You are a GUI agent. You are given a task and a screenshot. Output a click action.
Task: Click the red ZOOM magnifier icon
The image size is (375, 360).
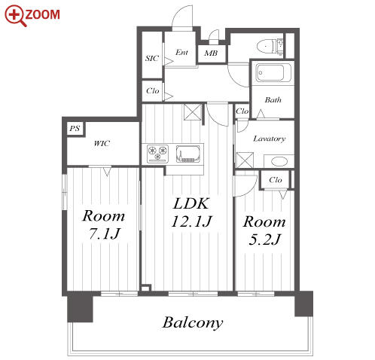16,16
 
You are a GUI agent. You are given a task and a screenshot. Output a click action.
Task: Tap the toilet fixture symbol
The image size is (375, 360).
270,46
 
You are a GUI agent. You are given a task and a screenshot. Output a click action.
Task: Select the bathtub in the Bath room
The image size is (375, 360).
273,72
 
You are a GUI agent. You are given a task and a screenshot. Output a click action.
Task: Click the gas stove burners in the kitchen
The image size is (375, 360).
157,154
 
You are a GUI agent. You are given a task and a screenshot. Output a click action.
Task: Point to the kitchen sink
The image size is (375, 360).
187,154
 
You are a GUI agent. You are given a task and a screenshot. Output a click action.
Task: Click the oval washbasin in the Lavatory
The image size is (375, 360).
279,161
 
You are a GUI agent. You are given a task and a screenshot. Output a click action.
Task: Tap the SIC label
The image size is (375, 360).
152,58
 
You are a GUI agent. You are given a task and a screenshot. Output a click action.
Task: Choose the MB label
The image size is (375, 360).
211,53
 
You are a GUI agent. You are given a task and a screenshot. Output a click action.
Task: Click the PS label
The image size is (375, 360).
75,129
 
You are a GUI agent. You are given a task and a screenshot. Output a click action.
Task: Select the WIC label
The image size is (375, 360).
102,144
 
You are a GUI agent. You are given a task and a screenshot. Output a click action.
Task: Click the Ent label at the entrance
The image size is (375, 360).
181,52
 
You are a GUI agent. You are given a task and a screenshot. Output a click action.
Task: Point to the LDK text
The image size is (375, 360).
191,203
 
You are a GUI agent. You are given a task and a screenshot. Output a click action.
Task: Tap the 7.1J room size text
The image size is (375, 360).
104,233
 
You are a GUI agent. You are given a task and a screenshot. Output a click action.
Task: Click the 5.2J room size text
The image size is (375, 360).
264,239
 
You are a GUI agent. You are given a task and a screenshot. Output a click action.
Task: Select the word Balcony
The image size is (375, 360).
193,322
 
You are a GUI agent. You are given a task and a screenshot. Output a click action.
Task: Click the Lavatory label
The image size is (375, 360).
269,139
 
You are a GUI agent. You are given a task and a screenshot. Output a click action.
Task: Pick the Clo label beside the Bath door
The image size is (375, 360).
242,111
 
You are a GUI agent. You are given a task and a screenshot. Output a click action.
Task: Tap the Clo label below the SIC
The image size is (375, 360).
153,90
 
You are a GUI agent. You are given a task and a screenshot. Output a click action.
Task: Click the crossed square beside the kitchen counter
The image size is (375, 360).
193,112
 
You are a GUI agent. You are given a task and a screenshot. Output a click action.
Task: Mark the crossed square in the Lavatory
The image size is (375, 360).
245,160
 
